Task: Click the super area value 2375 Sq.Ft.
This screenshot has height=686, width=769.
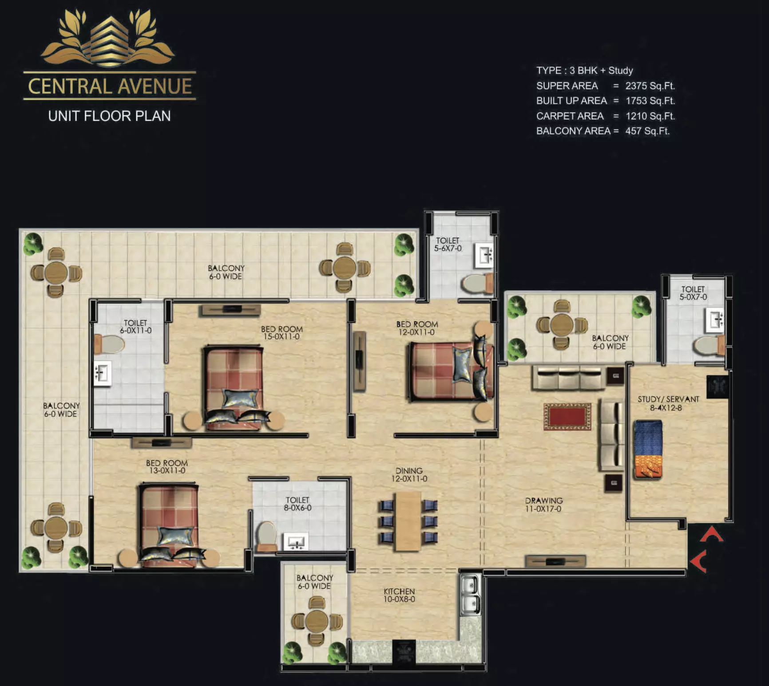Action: point(650,86)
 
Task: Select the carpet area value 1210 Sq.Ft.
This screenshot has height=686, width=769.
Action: point(650,116)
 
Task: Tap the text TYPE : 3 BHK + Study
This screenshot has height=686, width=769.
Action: point(584,71)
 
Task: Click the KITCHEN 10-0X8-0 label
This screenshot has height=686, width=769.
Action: point(399,595)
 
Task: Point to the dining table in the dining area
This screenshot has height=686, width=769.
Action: point(408,521)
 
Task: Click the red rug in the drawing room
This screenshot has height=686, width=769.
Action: point(567,417)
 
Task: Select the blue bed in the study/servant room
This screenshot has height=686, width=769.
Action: point(648,449)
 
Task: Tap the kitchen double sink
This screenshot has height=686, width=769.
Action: point(470,595)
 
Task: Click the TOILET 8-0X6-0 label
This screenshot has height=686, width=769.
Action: point(297,504)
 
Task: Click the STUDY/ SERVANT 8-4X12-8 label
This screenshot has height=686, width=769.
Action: point(668,403)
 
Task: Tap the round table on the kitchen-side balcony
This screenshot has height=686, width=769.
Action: point(317,620)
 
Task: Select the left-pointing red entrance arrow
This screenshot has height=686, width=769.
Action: point(699,561)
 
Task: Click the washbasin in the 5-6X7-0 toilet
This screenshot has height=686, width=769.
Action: point(484,255)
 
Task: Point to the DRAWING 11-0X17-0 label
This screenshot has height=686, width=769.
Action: point(543,505)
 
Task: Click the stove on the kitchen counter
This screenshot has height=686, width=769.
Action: point(404,652)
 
